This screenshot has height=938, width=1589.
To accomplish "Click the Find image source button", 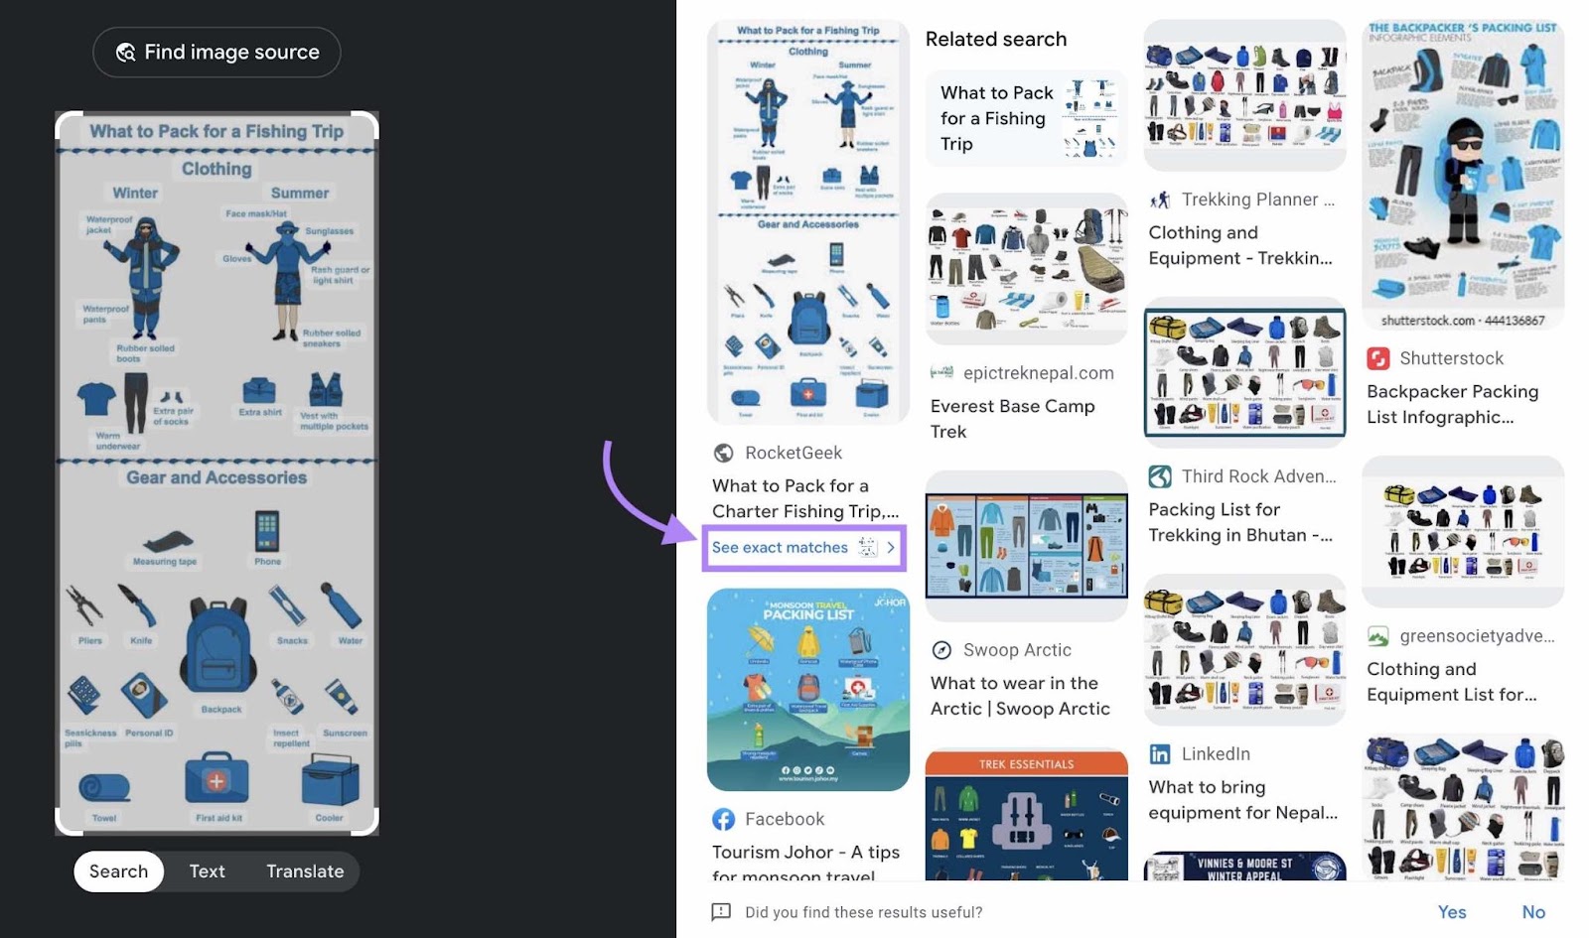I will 217,53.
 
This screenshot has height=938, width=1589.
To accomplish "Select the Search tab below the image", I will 118,871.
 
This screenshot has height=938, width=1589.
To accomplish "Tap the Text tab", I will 207,871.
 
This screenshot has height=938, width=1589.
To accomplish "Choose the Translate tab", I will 305,871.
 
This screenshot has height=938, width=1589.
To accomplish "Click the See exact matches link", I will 781,548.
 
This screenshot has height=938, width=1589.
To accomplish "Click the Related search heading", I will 995,40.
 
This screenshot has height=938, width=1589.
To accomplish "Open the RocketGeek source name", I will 793,453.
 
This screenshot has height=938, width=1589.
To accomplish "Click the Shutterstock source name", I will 1451,358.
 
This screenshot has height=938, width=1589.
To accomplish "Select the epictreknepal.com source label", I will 1038,373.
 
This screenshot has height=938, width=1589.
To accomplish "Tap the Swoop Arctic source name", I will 1017,650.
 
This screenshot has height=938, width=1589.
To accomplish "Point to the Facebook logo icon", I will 723,819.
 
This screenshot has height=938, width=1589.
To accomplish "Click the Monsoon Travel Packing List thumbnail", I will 807,690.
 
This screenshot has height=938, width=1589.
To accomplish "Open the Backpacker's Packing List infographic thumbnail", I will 1462,174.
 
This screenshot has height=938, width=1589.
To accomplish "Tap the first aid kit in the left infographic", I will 217,780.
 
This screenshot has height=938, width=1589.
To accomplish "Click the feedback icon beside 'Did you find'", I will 721,912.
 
